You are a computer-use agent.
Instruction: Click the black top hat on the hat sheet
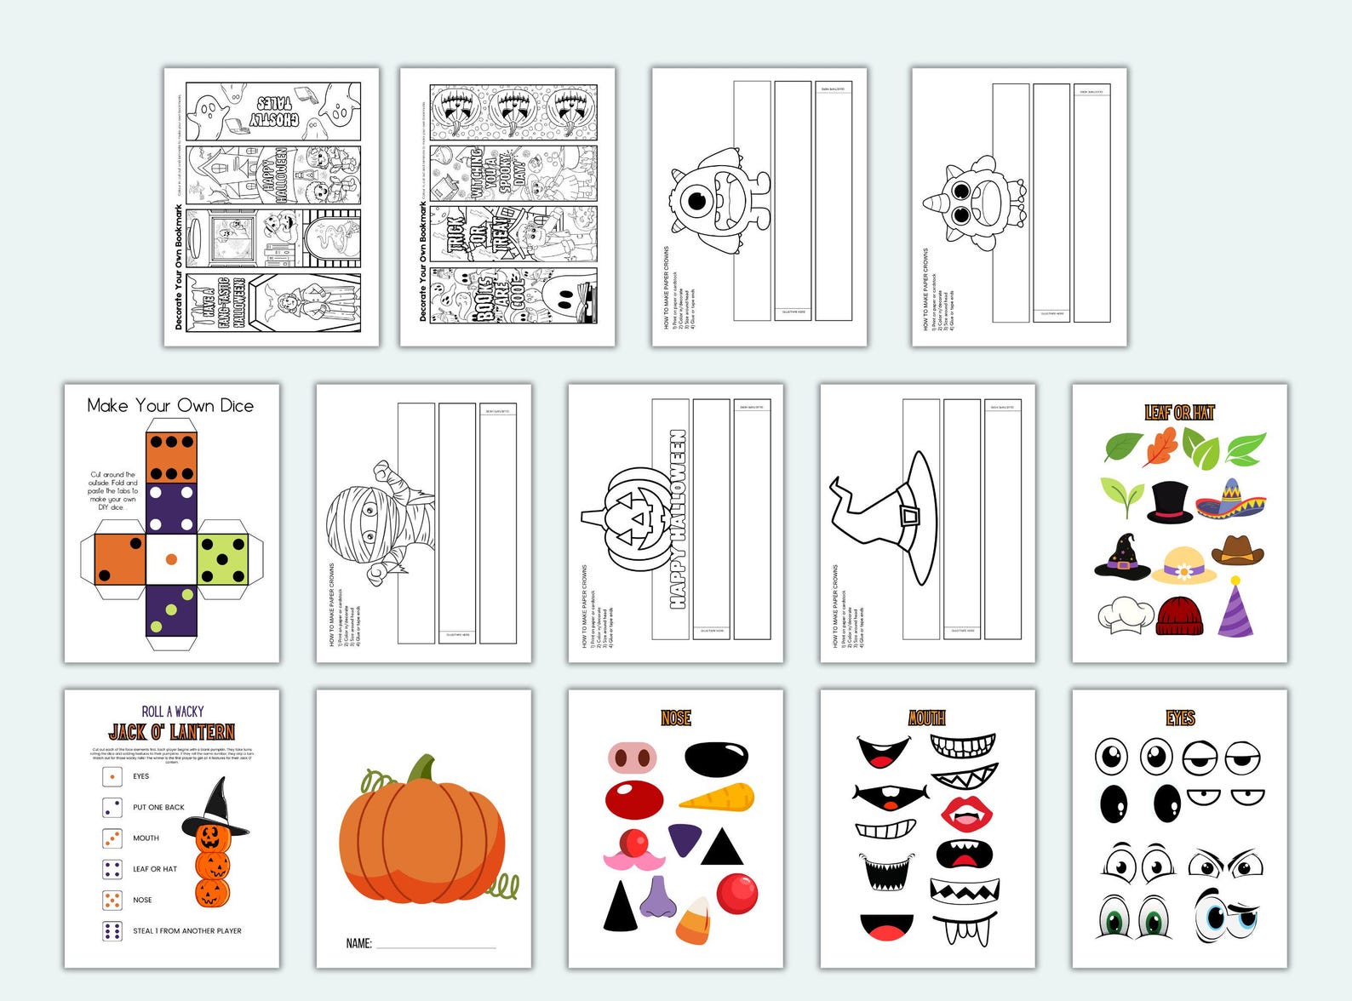tap(1170, 501)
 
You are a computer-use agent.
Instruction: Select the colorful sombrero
tap(1230, 500)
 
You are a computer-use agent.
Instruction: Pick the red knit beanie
tap(1180, 615)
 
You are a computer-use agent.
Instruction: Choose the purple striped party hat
tap(1235, 608)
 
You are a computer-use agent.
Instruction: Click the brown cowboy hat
tap(1238, 551)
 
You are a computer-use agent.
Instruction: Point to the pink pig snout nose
tap(633, 757)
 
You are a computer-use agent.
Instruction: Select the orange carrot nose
tap(717, 798)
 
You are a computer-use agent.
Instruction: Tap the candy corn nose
tap(694, 921)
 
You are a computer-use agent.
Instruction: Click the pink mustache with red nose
tap(634, 850)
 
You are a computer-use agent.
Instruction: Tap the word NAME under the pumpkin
tap(358, 943)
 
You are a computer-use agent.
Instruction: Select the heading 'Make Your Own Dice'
tap(170, 406)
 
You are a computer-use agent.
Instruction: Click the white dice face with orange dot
tap(171, 559)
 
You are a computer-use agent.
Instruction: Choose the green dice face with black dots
tap(222, 558)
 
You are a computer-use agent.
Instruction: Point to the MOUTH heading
tap(926, 718)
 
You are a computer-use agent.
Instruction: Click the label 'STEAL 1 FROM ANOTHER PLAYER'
tap(187, 931)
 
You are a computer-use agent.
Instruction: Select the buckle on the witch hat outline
tap(910, 516)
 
